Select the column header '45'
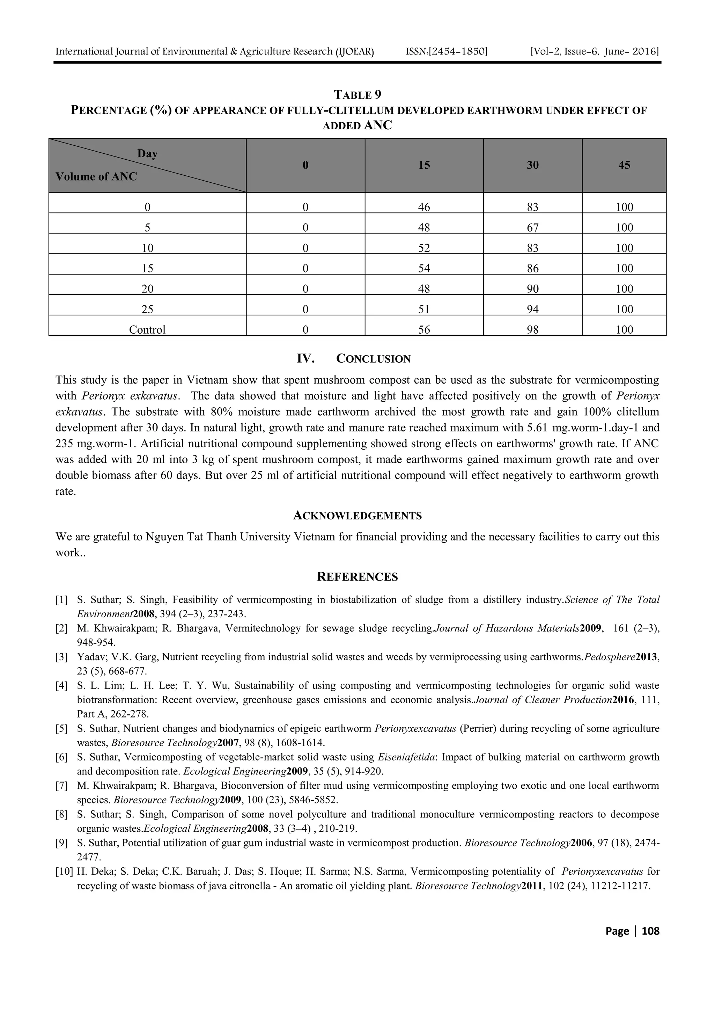624,165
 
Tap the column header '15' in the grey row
424,165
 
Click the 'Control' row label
147,330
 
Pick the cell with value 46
424,207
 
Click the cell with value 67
533,227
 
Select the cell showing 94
533,310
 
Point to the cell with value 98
533,330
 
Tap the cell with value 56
424,330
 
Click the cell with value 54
424,268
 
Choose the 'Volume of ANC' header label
96,177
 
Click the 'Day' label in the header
147,153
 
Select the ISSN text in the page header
446,52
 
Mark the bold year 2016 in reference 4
622,700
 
